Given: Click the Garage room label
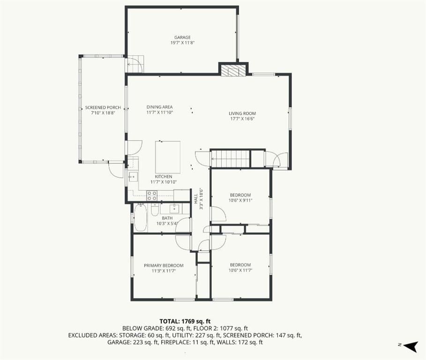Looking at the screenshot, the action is (182, 37).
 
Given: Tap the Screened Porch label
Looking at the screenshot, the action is (103, 108).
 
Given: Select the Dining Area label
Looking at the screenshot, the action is (159, 107).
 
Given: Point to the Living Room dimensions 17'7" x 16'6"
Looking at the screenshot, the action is (242, 119).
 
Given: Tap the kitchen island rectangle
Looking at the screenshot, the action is (168, 157).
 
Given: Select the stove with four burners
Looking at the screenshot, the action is (152, 195).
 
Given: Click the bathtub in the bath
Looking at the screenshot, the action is (141, 218).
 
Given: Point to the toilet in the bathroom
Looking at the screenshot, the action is (155, 210).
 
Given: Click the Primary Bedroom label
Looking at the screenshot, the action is (164, 265).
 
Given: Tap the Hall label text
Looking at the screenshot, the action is (196, 199).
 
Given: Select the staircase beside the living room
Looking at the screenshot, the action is (231, 158).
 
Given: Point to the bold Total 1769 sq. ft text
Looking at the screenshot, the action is (185, 322).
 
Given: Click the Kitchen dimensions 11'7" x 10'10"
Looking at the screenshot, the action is (164, 182).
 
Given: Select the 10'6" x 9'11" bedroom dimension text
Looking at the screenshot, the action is (240, 200).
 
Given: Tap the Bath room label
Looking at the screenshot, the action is (167, 218).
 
